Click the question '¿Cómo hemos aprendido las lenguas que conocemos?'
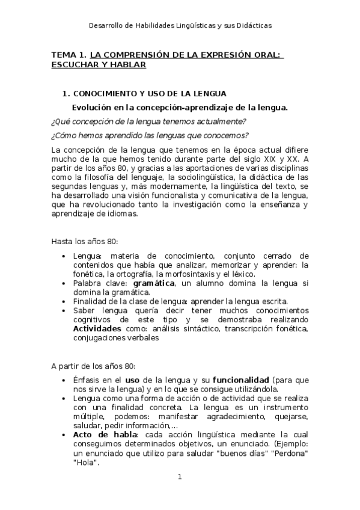click(x=150, y=135)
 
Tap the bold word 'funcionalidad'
click(x=240, y=381)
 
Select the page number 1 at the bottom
click(x=180, y=477)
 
